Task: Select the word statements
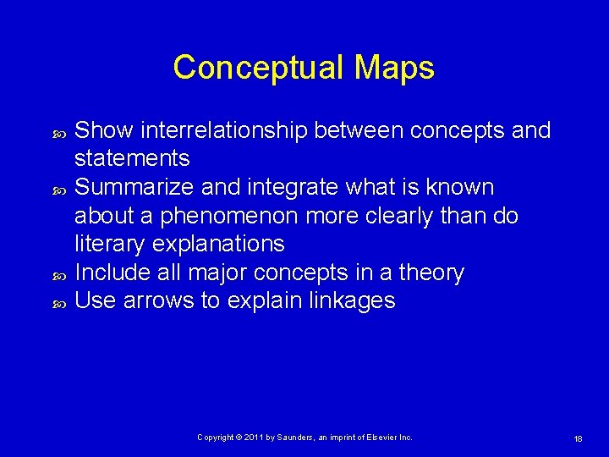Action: pyautogui.click(x=132, y=158)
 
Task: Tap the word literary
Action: pyautogui.click(x=103, y=244)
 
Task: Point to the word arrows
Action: pyautogui.click(x=158, y=300)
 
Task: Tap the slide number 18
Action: pyautogui.click(x=579, y=438)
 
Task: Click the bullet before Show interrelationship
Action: pyautogui.click(x=59, y=132)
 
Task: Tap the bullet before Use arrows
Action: pyautogui.click(x=59, y=302)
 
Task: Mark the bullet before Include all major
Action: pyautogui.click(x=59, y=274)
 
